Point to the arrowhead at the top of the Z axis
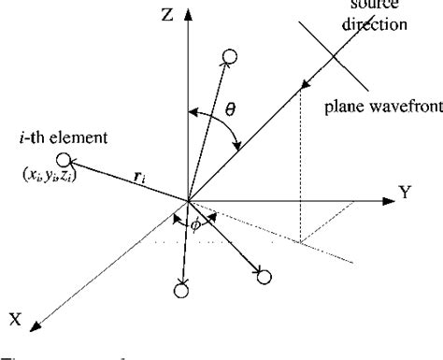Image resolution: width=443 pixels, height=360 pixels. click(x=188, y=15)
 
